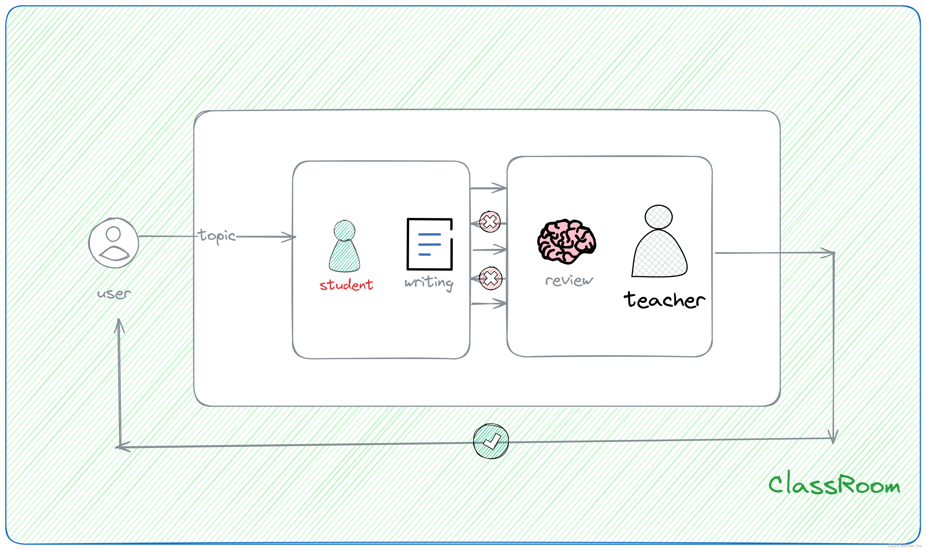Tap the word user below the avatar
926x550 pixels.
(x=114, y=294)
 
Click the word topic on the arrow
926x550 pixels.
(x=217, y=236)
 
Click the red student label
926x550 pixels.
(x=346, y=285)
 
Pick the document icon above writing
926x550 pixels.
(x=430, y=244)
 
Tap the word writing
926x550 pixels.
(x=429, y=283)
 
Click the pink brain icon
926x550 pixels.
(x=566, y=241)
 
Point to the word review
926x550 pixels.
(x=569, y=281)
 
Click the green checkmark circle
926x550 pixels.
(x=491, y=441)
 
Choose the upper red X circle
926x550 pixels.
(x=490, y=222)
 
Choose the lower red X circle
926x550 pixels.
(x=490, y=278)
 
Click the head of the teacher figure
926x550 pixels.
(x=658, y=217)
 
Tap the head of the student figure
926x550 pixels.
(x=344, y=230)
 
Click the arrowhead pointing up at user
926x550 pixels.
(x=119, y=324)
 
